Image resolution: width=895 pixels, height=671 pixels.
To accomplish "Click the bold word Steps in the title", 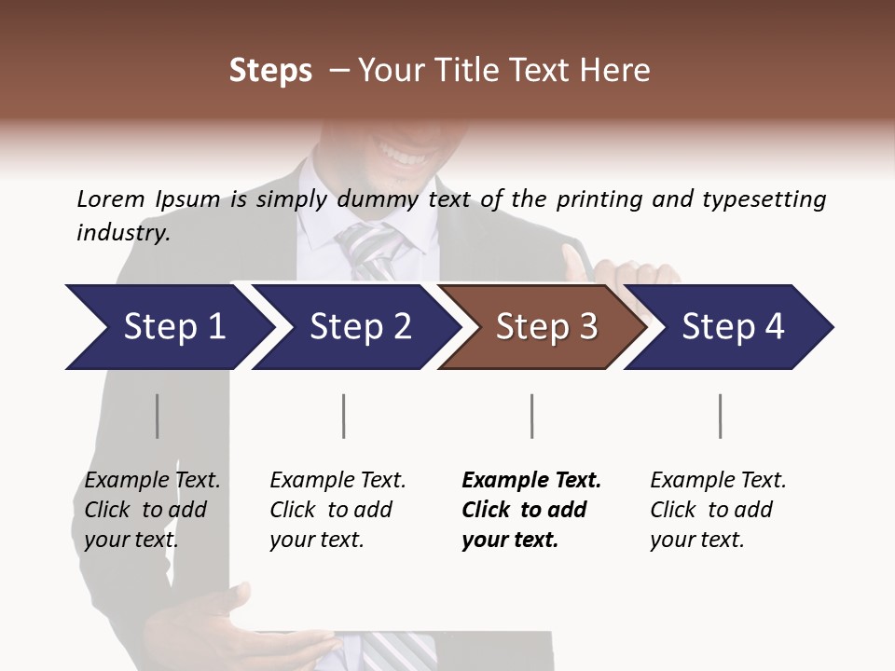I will pos(270,71).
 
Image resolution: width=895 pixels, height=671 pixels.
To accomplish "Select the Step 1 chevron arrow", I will pos(168,327).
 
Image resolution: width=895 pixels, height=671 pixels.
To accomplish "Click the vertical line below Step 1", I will pos(158,416).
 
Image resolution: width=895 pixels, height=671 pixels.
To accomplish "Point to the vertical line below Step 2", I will pos(344,416).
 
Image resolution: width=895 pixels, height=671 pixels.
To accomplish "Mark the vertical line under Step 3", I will pos(531,416).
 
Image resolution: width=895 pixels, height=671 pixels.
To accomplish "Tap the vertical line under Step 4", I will pos(720,416).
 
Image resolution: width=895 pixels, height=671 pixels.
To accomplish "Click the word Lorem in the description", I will pos(111,199).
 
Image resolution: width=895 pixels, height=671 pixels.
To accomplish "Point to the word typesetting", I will pos(764,199).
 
